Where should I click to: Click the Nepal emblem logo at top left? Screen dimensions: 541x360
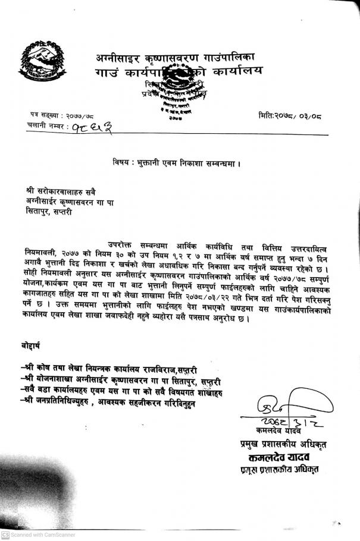pos(39,65)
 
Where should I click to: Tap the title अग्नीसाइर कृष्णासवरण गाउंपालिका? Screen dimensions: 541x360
pos(175,58)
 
